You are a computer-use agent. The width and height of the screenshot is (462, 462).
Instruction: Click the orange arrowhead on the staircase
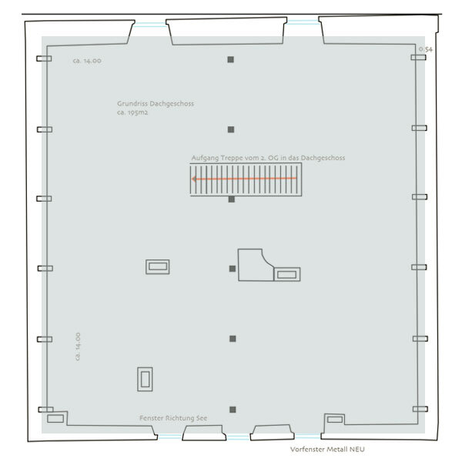coord(194,179)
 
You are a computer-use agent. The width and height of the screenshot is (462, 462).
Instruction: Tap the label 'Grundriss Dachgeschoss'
coord(156,104)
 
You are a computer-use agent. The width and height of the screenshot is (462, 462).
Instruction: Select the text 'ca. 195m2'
coord(132,112)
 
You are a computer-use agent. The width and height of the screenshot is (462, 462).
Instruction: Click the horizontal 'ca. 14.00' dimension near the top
coord(87,61)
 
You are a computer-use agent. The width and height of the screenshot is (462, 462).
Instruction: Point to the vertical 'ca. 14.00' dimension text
coord(78,346)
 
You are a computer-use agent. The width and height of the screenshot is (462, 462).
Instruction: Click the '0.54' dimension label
coord(426,49)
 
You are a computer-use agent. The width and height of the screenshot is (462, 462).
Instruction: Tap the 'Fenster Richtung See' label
coord(173,418)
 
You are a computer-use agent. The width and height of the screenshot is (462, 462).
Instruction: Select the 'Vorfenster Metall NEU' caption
coord(327,450)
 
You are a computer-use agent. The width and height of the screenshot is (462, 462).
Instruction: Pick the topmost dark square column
coord(231,59)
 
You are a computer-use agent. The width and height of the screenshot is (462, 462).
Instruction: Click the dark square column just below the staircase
coord(232,199)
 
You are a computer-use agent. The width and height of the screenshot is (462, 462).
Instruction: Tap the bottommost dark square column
coord(233,410)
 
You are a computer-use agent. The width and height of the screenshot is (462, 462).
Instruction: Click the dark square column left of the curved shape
coord(233,269)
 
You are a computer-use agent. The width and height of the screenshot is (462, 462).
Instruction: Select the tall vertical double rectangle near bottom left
coord(145,379)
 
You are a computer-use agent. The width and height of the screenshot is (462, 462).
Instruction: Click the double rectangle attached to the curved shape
coord(287,274)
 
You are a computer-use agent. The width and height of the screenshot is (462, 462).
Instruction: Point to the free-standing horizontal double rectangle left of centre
coord(158,266)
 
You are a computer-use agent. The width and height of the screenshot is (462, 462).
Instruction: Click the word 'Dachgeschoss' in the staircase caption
coord(323,158)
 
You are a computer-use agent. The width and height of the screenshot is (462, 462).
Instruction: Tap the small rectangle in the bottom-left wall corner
coord(55,418)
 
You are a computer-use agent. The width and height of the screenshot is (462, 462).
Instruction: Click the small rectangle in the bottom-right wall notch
coord(335,420)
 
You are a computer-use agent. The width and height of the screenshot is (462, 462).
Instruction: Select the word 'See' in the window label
coord(202,418)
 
